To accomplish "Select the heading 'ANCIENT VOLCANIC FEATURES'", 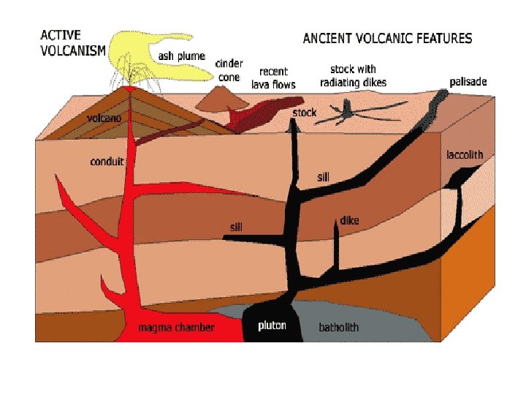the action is pyautogui.click(x=387, y=39).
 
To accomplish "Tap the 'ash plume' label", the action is pyautogui.click(x=182, y=56).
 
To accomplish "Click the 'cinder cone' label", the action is pyautogui.click(x=229, y=70).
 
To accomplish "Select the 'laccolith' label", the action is pyautogui.click(x=465, y=155).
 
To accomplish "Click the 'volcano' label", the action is pyautogui.click(x=104, y=117).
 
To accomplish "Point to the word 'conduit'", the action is pyautogui.click(x=107, y=162).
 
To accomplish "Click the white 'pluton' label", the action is pyautogui.click(x=272, y=326).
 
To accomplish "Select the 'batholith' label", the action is pyautogui.click(x=338, y=328).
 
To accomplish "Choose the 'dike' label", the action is pyautogui.click(x=349, y=220).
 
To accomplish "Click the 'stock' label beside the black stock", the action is pyautogui.click(x=304, y=113).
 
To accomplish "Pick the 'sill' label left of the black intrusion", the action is pyautogui.click(x=235, y=227).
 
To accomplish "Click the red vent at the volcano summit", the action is pyautogui.click(x=131, y=89).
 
